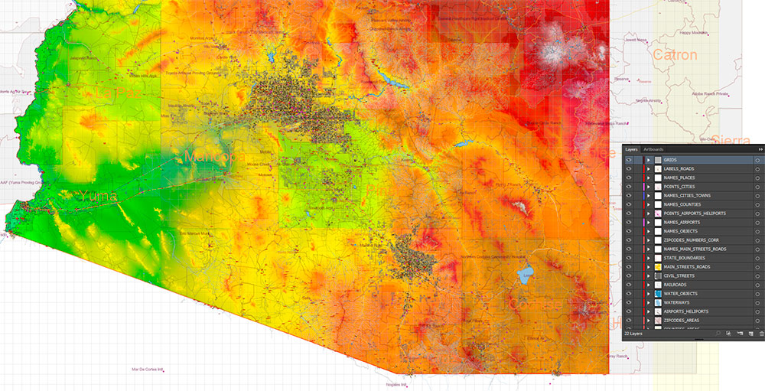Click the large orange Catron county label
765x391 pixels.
(x=675, y=55)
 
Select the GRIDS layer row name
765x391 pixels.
(x=670, y=160)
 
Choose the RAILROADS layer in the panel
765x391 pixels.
(x=675, y=285)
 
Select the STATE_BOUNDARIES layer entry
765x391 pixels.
(x=684, y=258)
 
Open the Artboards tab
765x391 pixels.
(x=653, y=149)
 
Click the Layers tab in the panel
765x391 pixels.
(x=631, y=149)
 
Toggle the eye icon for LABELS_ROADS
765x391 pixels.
(x=629, y=169)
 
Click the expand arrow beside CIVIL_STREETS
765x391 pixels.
(x=648, y=276)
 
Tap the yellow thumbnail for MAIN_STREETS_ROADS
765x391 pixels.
(x=657, y=267)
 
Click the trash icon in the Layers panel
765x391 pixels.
(x=761, y=334)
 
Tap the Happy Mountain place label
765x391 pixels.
(x=695, y=33)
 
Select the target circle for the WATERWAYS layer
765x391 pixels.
(x=757, y=303)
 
